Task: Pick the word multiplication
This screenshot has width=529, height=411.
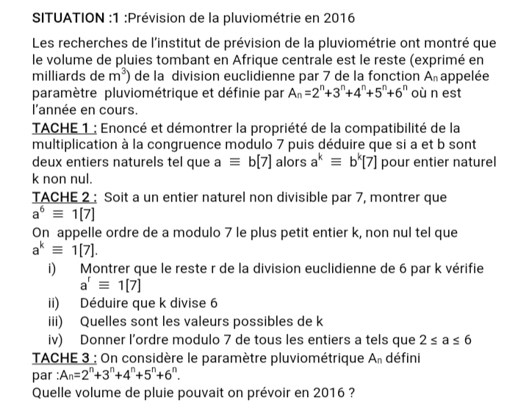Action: pyautogui.click(x=79, y=146)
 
